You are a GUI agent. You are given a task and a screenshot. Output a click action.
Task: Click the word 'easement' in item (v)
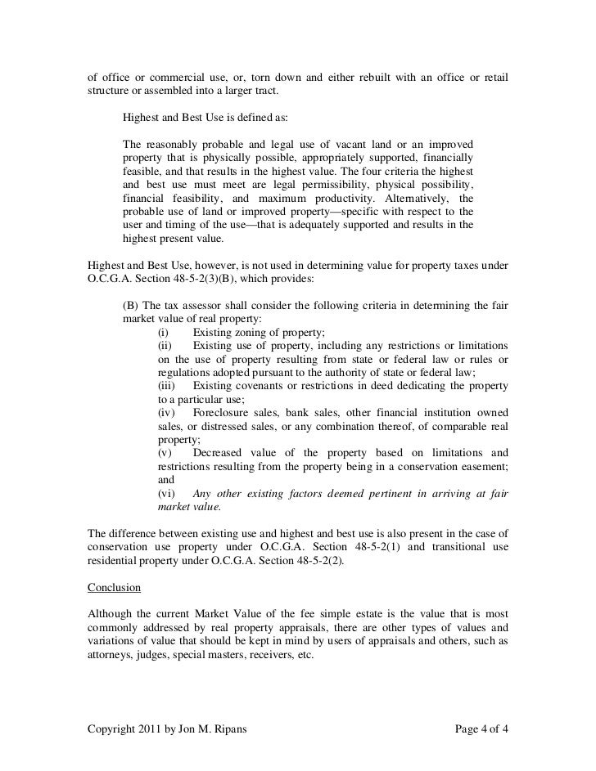[x=481, y=466]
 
